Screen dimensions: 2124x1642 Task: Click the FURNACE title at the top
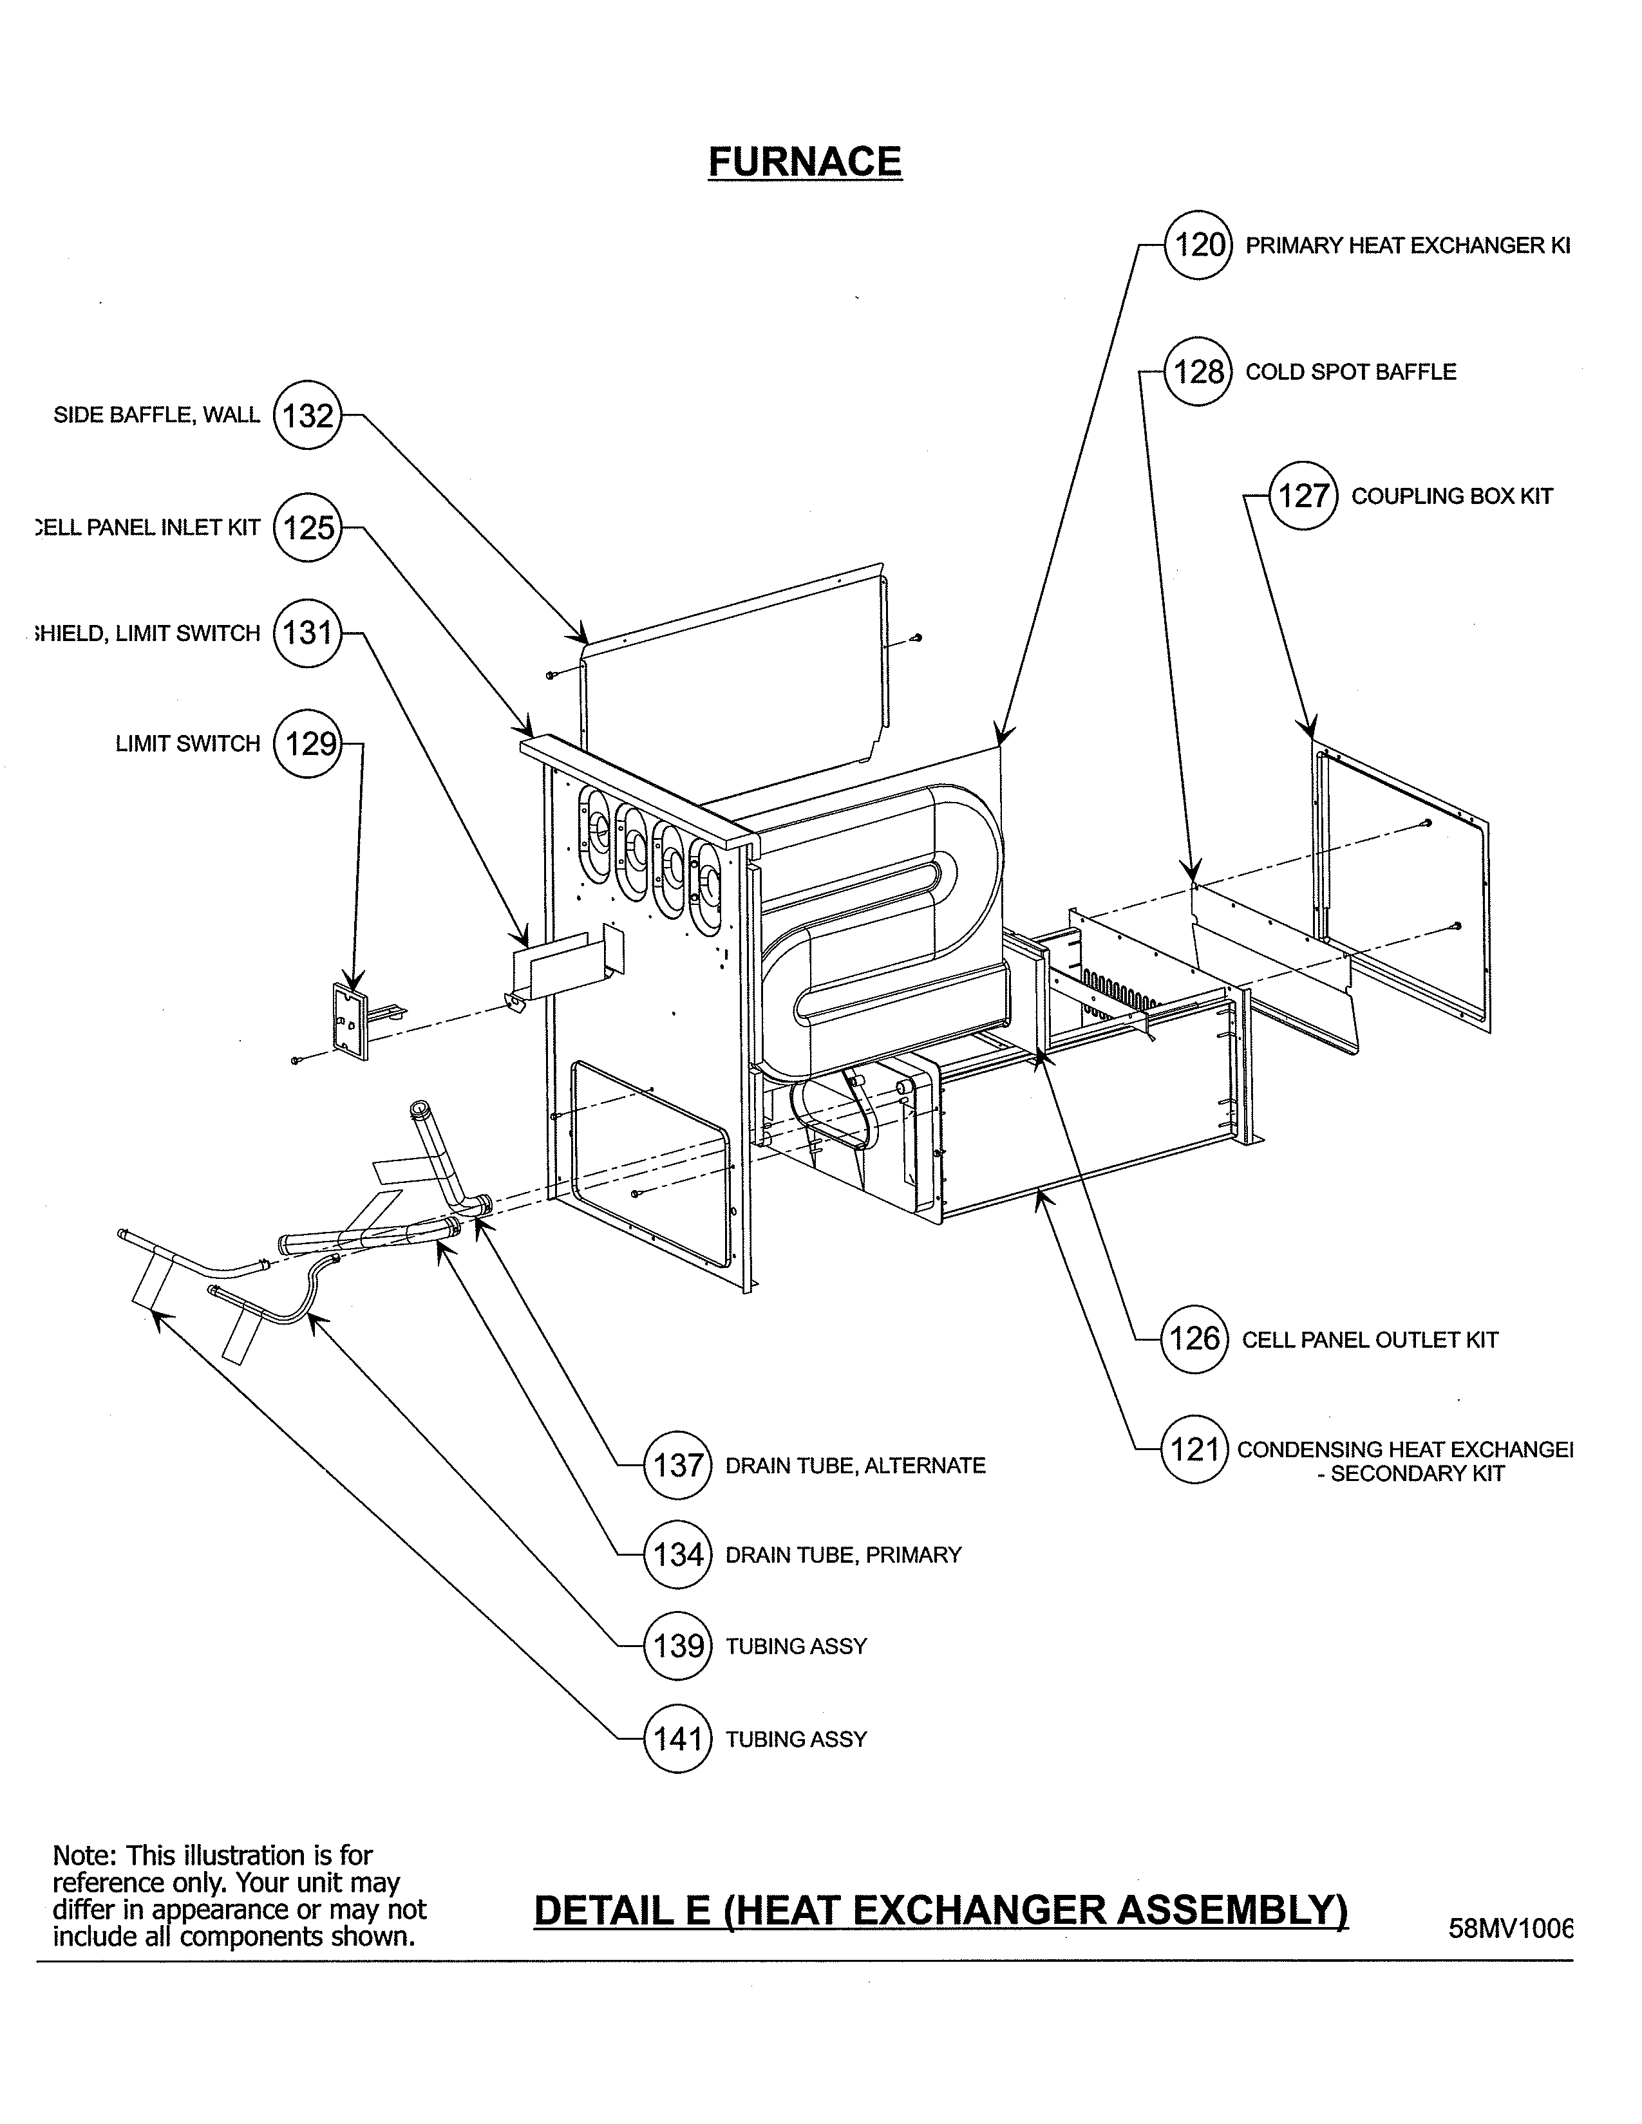(804, 162)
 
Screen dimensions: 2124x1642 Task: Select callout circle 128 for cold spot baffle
(1198, 371)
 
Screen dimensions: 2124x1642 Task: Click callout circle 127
(1303, 496)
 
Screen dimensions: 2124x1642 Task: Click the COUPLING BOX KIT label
(1451, 496)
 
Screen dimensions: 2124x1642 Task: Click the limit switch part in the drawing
(351, 1022)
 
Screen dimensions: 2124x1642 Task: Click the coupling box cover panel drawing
(1401, 885)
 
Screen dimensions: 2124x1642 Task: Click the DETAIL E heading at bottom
(941, 1910)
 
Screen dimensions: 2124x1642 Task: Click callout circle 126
(1194, 1339)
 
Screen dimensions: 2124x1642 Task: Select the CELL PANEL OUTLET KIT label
(1369, 1339)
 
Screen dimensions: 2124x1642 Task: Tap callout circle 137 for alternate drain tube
(678, 1465)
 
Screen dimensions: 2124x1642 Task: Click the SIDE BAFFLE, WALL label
(156, 415)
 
